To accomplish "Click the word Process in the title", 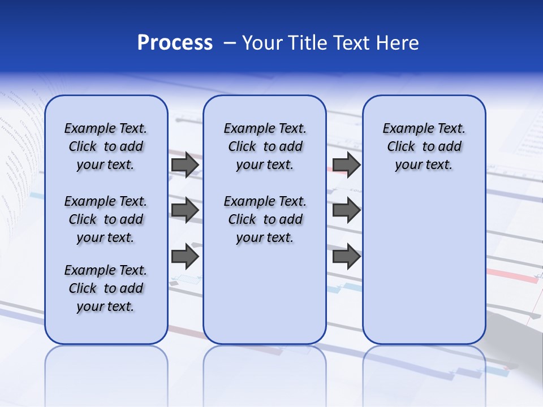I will click(x=175, y=43).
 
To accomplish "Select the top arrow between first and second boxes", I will click(x=185, y=164).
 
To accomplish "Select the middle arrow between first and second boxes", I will click(x=185, y=210).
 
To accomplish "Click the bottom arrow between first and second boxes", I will click(x=185, y=257).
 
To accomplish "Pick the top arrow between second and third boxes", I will click(x=346, y=164).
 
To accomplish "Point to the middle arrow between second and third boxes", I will click(x=346, y=210).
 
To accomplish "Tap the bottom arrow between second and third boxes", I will click(x=346, y=257).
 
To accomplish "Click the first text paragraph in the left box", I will click(x=106, y=146).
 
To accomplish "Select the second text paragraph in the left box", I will click(x=106, y=219).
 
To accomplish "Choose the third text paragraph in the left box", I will click(x=106, y=288).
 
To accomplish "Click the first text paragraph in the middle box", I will click(x=265, y=146).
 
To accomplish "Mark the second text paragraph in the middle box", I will click(x=265, y=219).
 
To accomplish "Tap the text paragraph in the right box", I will click(x=424, y=146).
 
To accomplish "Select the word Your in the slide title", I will click(x=262, y=43).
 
